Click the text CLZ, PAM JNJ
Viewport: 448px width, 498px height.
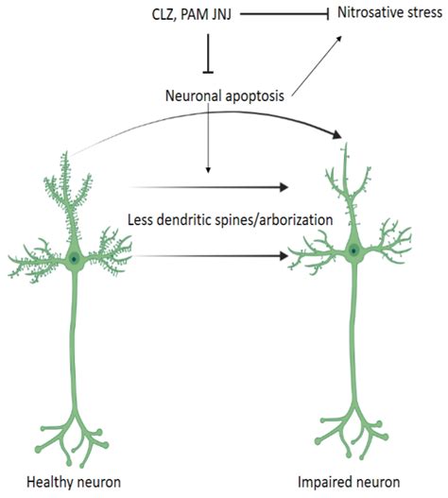click(192, 15)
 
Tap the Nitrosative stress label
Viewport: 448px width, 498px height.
click(389, 13)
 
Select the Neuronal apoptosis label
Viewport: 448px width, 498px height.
click(225, 96)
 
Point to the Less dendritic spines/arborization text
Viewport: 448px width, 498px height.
click(230, 220)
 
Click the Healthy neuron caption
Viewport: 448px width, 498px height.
click(74, 482)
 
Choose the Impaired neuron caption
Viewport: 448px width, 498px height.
click(349, 482)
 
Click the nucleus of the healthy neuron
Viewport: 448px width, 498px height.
click(74, 259)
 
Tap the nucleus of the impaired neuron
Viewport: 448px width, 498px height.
click(353, 250)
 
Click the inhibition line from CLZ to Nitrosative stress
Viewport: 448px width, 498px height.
click(284, 14)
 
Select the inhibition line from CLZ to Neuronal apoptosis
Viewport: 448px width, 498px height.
click(208, 54)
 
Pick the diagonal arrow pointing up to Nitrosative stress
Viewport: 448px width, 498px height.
click(317, 65)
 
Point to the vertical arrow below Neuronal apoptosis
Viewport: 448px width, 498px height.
click(208, 138)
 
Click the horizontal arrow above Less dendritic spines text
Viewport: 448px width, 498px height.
click(209, 187)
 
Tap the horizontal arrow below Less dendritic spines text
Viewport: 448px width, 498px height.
click(212, 256)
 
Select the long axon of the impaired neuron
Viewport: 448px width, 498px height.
click(353, 331)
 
